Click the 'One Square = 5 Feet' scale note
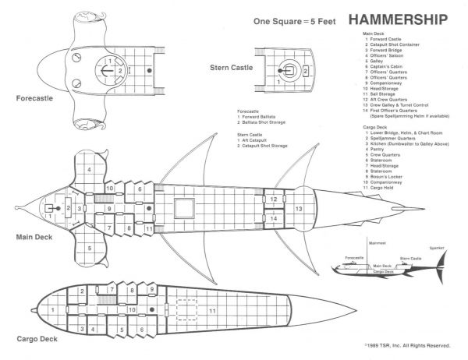[x=288, y=22]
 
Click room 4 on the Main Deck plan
[x=90, y=169]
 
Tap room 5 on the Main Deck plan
[x=90, y=248]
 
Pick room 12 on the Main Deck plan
[x=274, y=200]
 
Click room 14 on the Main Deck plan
[x=274, y=219]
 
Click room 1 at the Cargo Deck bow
[x=52, y=311]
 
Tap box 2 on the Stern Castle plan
[x=306, y=70]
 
